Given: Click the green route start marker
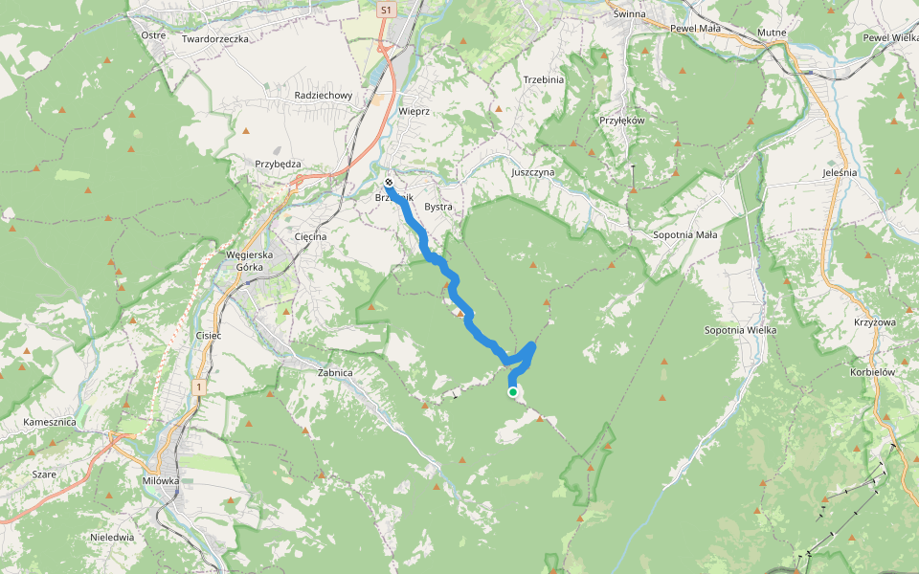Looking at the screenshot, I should (x=513, y=391).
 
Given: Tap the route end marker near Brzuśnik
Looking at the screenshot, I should (x=390, y=183).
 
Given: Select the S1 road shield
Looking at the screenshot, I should (x=386, y=10).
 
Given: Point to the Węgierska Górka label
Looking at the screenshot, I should (x=249, y=261).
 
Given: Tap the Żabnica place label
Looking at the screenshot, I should (x=335, y=372).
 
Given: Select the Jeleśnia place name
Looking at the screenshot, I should (x=840, y=172).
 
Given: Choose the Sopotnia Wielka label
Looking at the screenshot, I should (x=740, y=330).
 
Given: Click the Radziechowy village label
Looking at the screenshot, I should (x=324, y=96).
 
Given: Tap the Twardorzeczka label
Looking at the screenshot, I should (x=215, y=39).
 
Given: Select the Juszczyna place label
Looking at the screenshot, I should (x=533, y=172).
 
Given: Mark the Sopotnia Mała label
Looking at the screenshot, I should (x=684, y=234).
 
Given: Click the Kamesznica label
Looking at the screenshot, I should (x=52, y=422).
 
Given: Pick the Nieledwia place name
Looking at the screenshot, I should (x=112, y=537).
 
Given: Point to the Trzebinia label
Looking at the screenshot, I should (x=544, y=79).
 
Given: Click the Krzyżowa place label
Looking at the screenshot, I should (x=874, y=322).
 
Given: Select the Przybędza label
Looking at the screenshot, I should (x=278, y=164).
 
